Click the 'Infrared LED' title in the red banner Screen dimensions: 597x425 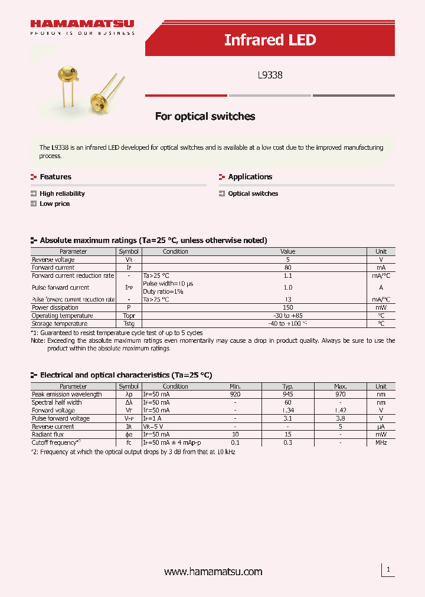point(270,40)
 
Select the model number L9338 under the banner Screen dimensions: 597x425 point(270,76)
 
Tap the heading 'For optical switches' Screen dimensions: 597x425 point(205,116)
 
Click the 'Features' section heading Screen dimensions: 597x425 point(55,177)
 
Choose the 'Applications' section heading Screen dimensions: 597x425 point(250,177)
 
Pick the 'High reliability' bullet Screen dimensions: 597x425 point(62,193)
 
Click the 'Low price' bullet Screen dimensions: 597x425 point(54,204)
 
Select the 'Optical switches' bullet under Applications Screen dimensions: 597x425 point(253,193)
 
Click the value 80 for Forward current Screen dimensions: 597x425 point(288,267)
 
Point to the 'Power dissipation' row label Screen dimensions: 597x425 point(55,307)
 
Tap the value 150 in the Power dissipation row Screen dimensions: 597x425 point(288,307)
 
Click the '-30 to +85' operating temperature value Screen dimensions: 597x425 point(288,316)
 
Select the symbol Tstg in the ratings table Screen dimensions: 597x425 point(129,324)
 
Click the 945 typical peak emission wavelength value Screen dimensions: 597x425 point(287,394)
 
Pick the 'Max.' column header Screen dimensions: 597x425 point(341,386)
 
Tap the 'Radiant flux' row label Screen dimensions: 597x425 point(48,434)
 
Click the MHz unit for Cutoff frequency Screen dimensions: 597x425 point(381,442)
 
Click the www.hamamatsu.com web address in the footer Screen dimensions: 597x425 point(212,572)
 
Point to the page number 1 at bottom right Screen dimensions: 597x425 point(388,570)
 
